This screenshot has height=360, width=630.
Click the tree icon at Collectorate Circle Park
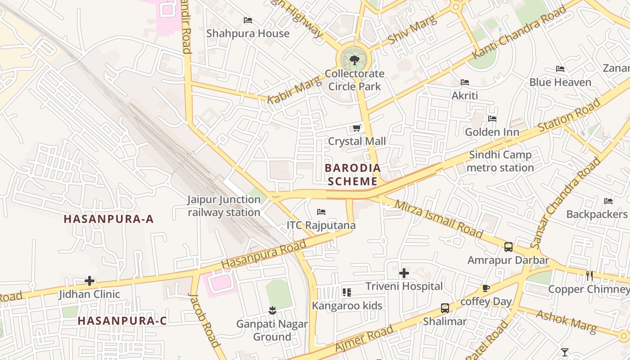click(x=354, y=60)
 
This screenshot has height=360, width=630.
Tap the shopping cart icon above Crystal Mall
click(x=357, y=128)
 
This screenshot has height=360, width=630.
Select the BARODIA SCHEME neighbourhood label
click(x=353, y=175)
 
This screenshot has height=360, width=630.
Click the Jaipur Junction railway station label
click(x=224, y=206)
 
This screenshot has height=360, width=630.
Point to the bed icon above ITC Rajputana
click(x=321, y=211)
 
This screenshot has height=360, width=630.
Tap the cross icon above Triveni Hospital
click(x=404, y=273)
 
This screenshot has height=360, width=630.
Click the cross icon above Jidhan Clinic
click(x=90, y=281)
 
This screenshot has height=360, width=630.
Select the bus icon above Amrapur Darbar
click(x=508, y=247)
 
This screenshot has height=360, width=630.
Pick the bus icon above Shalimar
click(x=445, y=308)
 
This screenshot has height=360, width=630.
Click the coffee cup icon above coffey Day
click(x=486, y=288)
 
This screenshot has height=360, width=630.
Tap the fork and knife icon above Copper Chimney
click(x=589, y=275)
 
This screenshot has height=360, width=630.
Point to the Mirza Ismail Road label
click(x=438, y=219)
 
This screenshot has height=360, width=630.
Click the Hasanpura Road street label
click(x=264, y=255)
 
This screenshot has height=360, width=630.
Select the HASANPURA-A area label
click(x=108, y=219)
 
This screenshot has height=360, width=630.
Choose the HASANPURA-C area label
click(x=122, y=321)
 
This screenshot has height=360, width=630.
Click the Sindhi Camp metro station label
click(x=500, y=161)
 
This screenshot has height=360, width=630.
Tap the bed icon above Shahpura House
click(x=247, y=20)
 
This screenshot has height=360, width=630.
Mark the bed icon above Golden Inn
click(x=492, y=119)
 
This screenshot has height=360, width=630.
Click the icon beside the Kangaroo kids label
click(x=346, y=292)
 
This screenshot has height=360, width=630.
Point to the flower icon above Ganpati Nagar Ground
click(x=272, y=310)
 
